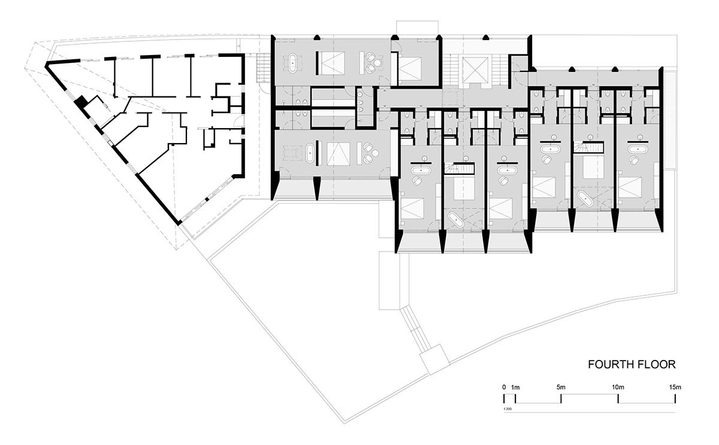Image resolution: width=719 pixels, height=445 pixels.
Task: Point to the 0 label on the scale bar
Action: [x=504, y=388]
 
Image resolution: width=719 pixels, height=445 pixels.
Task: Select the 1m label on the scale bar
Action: [x=515, y=388]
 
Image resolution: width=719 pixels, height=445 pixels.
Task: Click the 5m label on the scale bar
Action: [x=561, y=388]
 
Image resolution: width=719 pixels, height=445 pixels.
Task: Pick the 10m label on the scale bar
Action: [x=618, y=388]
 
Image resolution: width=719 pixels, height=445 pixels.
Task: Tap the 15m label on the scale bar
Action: [x=675, y=388]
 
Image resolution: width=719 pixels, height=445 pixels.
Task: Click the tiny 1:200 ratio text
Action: [x=507, y=409]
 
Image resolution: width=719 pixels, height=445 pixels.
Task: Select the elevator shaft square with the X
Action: [x=470, y=69]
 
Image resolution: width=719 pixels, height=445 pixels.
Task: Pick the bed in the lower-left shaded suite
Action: [x=338, y=154]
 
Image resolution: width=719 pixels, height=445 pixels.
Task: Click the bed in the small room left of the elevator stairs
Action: [x=410, y=68]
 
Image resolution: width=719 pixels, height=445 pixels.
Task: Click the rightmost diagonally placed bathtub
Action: [x=586, y=199]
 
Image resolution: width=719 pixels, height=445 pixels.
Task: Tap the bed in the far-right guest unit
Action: [x=630, y=187]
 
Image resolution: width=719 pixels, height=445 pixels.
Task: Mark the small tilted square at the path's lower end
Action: [x=434, y=359]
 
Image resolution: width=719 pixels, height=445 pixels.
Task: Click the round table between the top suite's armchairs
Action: [x=379, y=62]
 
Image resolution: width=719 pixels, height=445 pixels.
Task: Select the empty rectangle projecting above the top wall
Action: [x=417, y=28]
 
